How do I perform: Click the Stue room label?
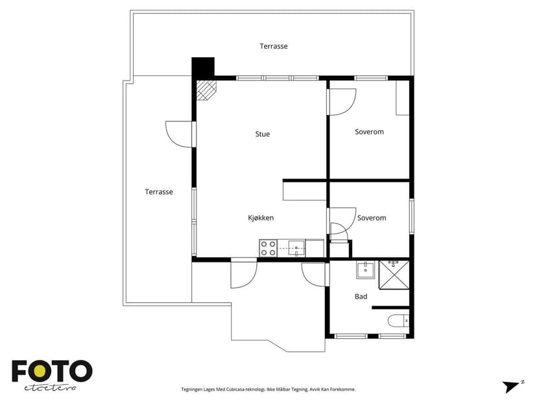pyautogui.click(x=262, y=134)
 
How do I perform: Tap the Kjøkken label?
pyautogui.click(x=261, y=217)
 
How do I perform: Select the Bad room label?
pyautogui.click(x=361, y=297)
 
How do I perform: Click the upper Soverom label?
pyautogui.click(x=369, y=132)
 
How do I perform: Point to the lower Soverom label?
pyautogui.click(x=372, y=217)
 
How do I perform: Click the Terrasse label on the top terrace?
pyautogui.click(x=274, y=46)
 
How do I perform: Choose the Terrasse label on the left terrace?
pyautogui.click(x=158, y=191)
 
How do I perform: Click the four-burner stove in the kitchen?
pyautogui.click(x=268, y=249)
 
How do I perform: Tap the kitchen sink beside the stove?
pyautogui.click(x=296, y=248)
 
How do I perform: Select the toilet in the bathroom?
pyautogui.click(x=398, y=321)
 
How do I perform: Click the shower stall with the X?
pyautogui.click(x=394, y=275)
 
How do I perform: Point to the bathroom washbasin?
pyautogui.click(x=365, y=270)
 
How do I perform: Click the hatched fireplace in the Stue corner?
pyautogui.click(x=207, y=90)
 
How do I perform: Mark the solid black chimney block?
pyautogui.click(x=203, y=67)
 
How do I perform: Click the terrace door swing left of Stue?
pyautogui.click(x=180, y=134)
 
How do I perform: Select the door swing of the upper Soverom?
pyautogui.click(x=342, y=102)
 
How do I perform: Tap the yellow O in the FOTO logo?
pyautogui.click(x=40, y=371)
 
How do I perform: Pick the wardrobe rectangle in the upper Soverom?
pyautogui.click(x=403, y=97)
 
